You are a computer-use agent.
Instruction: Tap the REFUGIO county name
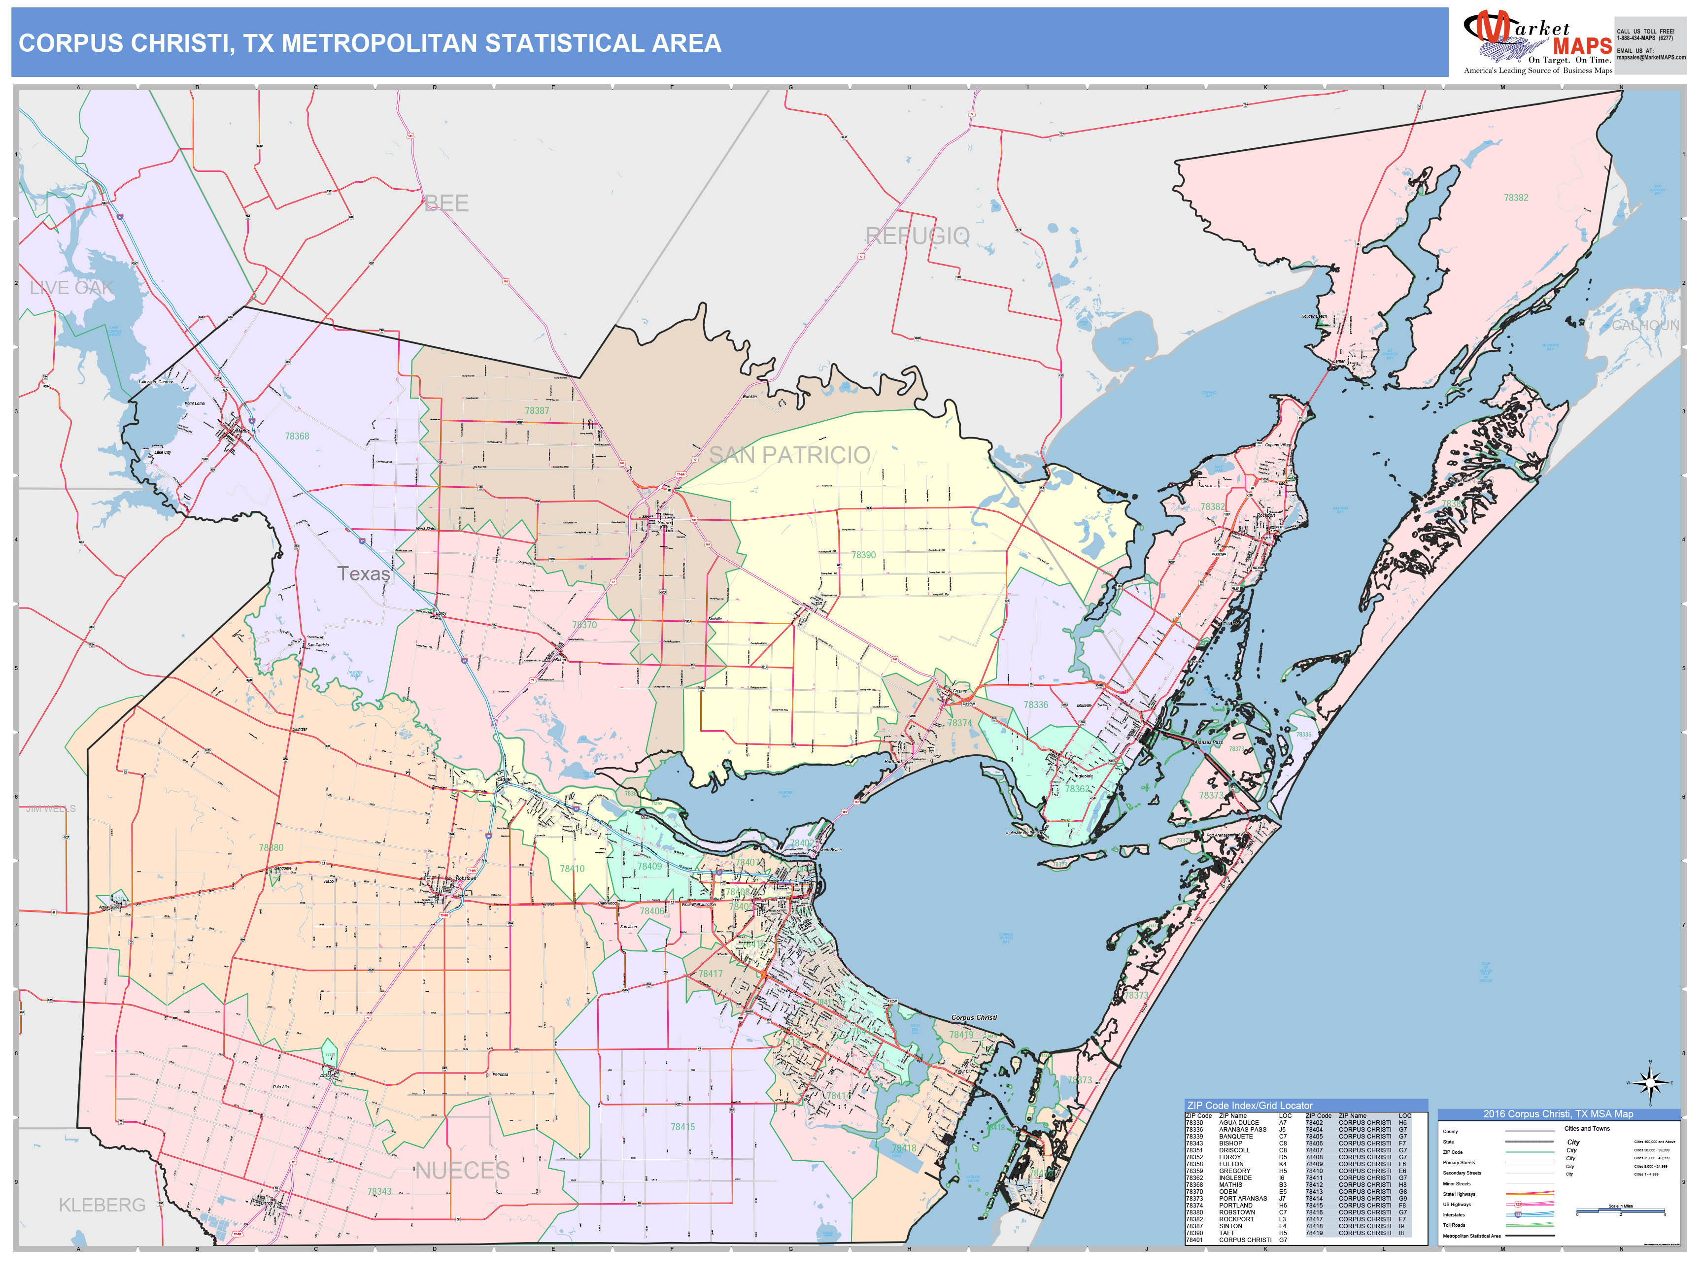pos(917,236)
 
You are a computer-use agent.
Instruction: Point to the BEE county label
pos(446,203)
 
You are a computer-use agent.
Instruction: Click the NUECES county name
pos(462,1171)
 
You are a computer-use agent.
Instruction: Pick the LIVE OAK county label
pos(71,288)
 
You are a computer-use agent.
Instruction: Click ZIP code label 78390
pos(863,555)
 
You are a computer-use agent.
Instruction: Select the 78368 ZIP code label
pos(297,437)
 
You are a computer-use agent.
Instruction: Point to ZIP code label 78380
pos(271,847)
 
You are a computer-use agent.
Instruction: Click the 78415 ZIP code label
pos(682,1127)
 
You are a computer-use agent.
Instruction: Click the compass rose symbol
pos(1650,1083)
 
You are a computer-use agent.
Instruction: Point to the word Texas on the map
pos(363,574)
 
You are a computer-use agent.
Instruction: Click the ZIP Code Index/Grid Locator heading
pos(1250,1106)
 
